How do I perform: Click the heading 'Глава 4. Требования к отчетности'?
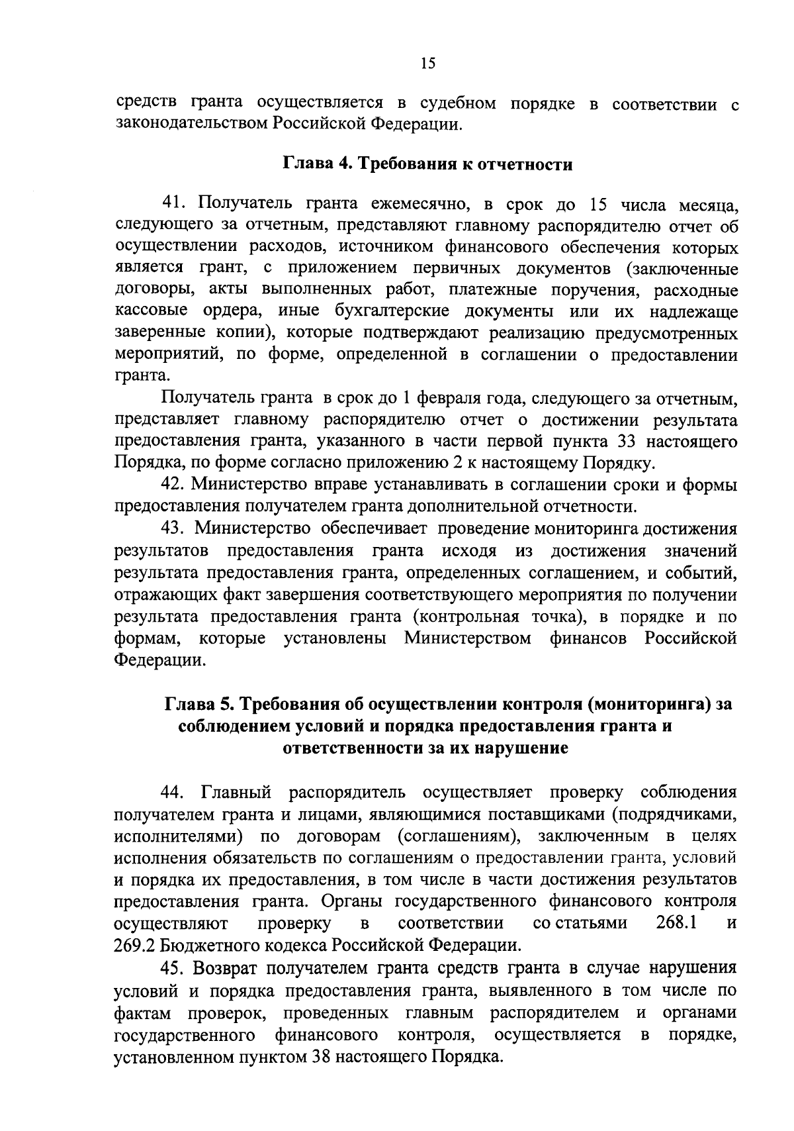tap(428, 164)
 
